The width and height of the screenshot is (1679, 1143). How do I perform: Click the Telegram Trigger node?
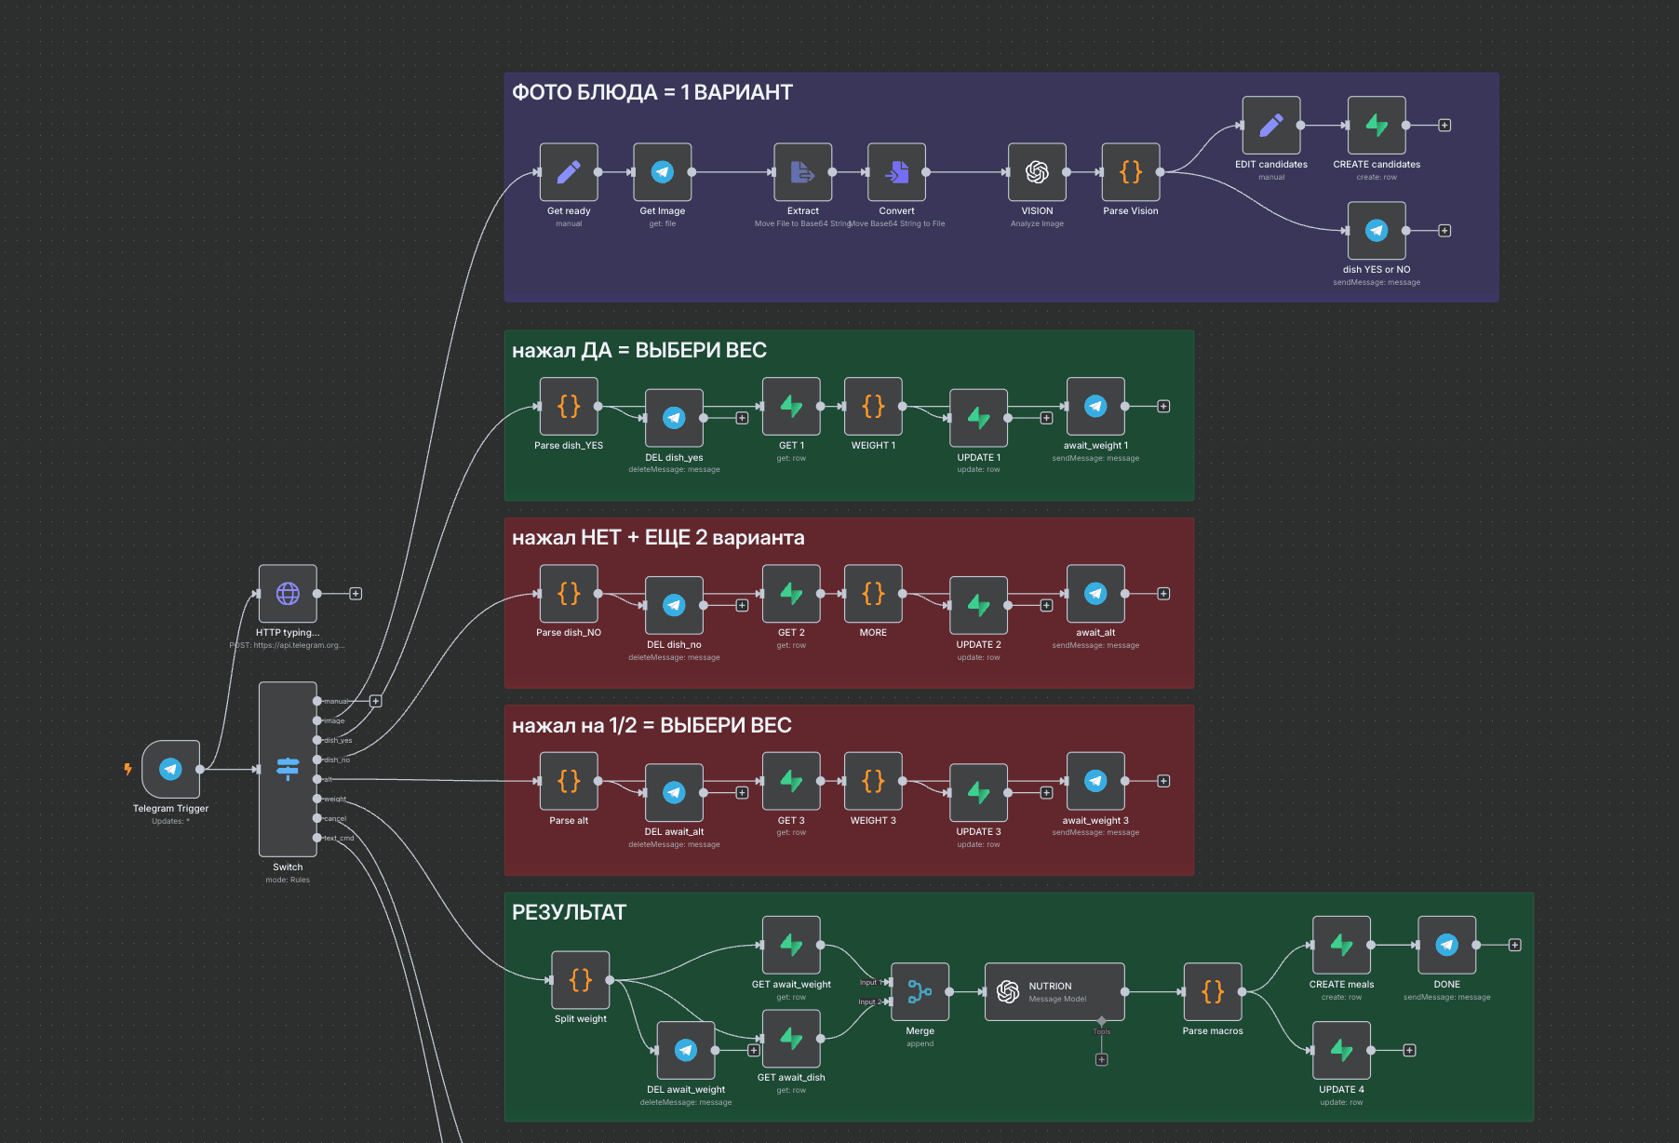coord(170,769)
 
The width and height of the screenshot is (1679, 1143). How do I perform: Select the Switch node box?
coord(288,769)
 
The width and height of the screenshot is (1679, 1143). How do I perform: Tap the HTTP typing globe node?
coord(288,593)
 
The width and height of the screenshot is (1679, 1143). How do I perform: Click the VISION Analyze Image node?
coord(1037,171)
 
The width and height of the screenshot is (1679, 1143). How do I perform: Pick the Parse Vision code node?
coord(1131,171)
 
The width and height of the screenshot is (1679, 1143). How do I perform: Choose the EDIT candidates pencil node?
coord(1271,125)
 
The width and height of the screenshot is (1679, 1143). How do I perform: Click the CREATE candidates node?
coord(1377,125)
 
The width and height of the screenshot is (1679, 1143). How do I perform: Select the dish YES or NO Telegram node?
coord(1377,230)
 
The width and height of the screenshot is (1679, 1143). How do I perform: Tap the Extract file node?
coord(802,171)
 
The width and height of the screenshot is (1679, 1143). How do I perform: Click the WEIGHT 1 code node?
coord(873,406)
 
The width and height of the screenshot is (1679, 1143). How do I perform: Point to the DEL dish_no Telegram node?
coord(674,605)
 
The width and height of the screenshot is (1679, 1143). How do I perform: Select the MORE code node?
coord(873,593)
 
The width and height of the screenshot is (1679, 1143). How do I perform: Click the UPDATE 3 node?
coord(978,792)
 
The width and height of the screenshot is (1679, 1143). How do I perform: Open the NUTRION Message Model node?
coord(1054,991)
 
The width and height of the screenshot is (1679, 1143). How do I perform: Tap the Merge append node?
coord(920,991)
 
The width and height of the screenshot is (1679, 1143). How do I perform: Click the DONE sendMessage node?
coord(1446,945)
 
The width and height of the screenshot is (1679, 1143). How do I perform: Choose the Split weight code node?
coord(581,979)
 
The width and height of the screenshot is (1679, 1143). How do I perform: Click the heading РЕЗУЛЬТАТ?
coord(569,912)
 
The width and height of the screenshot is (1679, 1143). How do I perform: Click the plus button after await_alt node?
coord(1163,594)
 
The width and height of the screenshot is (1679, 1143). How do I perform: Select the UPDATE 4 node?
coord(1341,1050)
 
